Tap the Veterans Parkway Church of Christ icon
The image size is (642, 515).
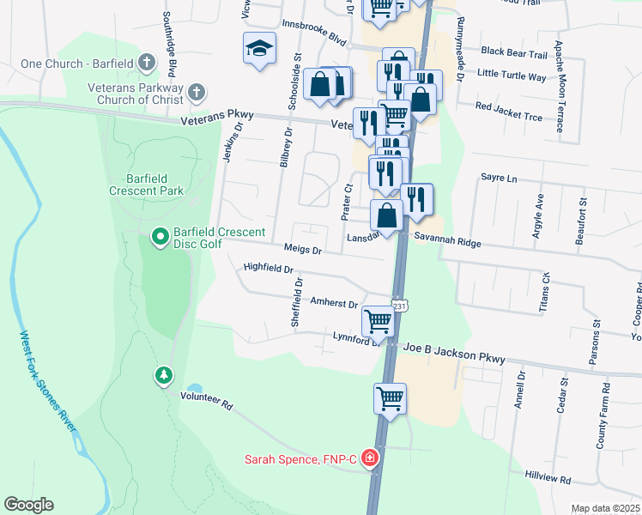pyautogui.click(x=197, y=92)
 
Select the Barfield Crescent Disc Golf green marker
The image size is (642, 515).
pyautogui.click(x=159, y=235)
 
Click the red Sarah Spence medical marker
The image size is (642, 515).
pyautogui.click(x=370, y=459)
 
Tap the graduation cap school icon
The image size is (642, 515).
pyautogui.click(x=258, y=50)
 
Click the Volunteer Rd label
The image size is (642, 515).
pyautogui.click(x=206, y=400)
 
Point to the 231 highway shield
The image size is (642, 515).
pyautogui.click(x=398, y=306)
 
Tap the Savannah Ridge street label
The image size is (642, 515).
pyautogui.click(x=447, y=243)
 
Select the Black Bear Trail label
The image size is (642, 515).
pyautogui.click(x=514, y=54)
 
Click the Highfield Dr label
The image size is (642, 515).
pyautogui.click(x=270, y=267)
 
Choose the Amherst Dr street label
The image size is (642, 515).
pyautogui.click(x=334, y=303)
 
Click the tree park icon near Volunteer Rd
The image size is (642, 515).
pyautogui.click(x=163, y=375)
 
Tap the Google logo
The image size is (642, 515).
pyautogui.click(x=28, y=505)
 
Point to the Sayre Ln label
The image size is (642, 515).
pyautogui.click(x=500, y=179)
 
